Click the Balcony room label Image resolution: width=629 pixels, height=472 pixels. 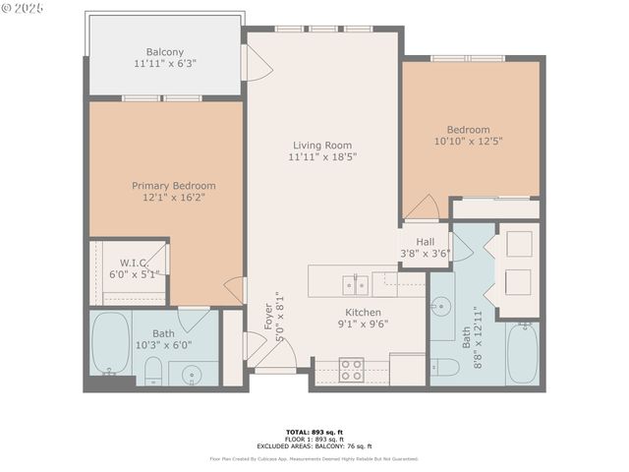[165, 52]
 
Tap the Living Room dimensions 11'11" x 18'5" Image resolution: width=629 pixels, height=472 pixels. [320, 156]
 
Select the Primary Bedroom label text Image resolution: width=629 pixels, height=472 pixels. [174, 185]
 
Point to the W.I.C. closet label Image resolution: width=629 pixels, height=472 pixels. [134, 263]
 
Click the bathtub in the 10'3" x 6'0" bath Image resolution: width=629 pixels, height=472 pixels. [110, 343]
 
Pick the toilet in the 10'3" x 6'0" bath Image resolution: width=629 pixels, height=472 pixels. [153, 370]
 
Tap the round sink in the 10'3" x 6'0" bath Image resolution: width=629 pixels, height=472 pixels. [191, 374]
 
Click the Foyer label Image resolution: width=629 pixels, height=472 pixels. [268, 317]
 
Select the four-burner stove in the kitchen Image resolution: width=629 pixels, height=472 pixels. [351, 370]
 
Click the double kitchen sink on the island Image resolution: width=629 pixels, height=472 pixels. [355, 285]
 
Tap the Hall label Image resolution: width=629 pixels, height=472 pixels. [425, 241]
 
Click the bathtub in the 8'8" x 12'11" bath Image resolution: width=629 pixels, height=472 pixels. [522, 353]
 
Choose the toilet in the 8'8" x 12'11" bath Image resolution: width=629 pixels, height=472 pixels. [445, 367]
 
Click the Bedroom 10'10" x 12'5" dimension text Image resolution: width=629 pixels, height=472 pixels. [468, 142]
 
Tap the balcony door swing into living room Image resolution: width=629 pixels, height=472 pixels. [257, 64]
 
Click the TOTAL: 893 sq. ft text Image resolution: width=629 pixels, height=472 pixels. [314, 432]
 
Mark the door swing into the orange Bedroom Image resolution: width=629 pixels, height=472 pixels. [423, 207]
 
